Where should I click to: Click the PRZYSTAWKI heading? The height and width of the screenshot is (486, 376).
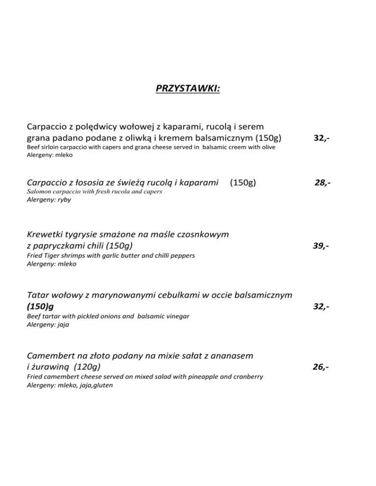pos(188,88)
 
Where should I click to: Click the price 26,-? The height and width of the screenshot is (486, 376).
pos(320,367)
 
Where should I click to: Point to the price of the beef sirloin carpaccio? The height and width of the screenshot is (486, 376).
pos(321,138)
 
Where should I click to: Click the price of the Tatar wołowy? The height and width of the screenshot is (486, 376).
pos(321,307)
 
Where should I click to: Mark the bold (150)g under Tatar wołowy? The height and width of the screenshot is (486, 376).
pos(40,307)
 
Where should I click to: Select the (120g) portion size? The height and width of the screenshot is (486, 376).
pos(85,366)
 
